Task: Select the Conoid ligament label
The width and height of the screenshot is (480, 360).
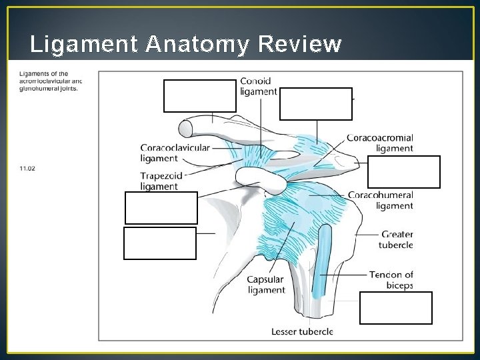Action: click(x=258, y=86)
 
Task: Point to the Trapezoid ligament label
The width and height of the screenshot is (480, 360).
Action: click(x=160, y=181)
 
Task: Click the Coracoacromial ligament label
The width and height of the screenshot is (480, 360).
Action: click(x=379, y=143)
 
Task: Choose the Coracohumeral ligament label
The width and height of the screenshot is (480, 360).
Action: click(x=380, y=200)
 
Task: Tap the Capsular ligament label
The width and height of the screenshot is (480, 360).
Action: click(x=266, y=285)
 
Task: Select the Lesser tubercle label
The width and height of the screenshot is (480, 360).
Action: click(x=302, y=331)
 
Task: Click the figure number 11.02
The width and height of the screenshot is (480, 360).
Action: click(x=27, y=168)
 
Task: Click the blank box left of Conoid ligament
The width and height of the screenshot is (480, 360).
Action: click(x=200, y=95)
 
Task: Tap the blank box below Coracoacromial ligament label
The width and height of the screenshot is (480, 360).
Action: click(x=403, y=172)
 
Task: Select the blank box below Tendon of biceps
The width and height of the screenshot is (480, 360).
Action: click(x=395, y=307)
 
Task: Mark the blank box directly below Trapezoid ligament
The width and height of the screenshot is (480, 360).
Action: click(x=161, y=207)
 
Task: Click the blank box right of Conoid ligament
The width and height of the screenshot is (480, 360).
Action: click(x=316, y=103)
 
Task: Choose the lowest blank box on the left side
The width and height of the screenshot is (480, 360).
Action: click(x=160, y=243)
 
